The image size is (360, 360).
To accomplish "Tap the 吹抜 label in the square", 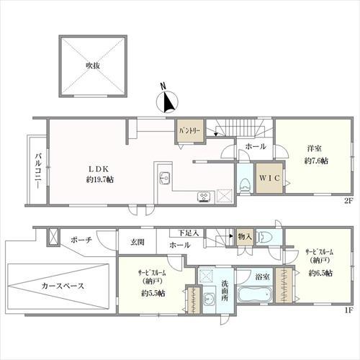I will pos(93,65).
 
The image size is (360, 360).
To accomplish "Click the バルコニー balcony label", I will pos(36,166).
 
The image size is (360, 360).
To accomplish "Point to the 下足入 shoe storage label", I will pos(189,233).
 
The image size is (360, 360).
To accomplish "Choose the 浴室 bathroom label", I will pos(262,276).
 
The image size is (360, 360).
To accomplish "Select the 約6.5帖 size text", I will pos(320,273).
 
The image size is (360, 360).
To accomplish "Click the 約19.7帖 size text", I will pos(99,179).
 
